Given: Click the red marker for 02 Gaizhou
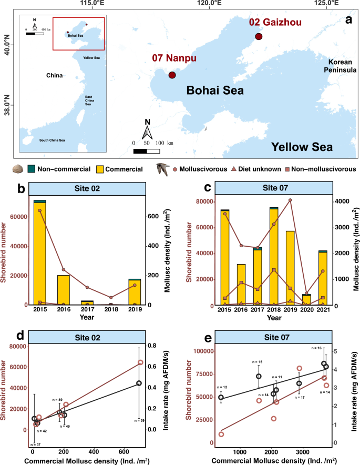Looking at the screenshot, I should (x=258, y=36).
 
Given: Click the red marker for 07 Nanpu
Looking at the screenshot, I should (x=172, y=75).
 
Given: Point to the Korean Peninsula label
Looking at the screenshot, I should (x=337, y=66).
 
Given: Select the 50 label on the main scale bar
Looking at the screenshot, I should (x=147, y=143).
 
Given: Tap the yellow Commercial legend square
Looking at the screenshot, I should (x=100, y=169).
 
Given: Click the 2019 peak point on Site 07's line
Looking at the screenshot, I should (x=290, y=200).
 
